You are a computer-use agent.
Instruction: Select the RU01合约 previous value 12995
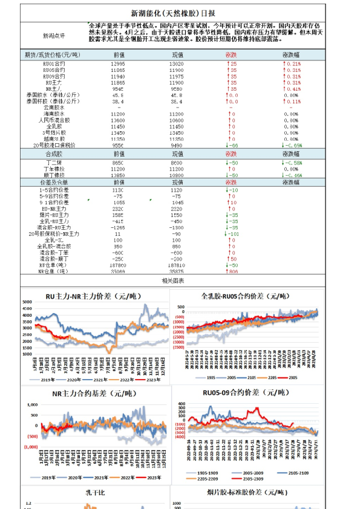tap(119, 63)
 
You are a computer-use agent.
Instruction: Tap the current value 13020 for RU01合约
tap(177, 63)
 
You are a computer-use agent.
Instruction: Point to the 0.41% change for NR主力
tap(292, 88)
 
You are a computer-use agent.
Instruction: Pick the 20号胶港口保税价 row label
tap(55, 145)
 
